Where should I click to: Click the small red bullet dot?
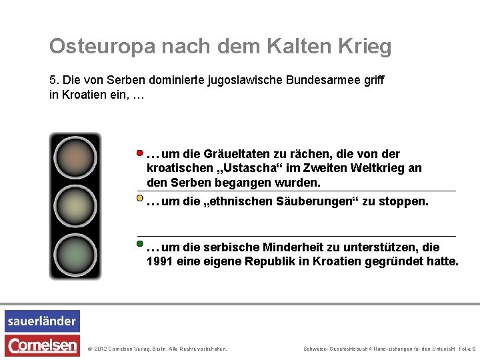pos(140,153)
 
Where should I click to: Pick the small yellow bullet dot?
pos(140,198)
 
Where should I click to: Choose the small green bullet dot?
pos(140,244)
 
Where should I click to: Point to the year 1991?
pos(159,261)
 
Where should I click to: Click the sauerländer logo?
pos(42,321)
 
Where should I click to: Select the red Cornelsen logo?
pos(42,345)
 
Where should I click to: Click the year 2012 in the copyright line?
pos(101,349)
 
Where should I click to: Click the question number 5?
pos(53,80)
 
